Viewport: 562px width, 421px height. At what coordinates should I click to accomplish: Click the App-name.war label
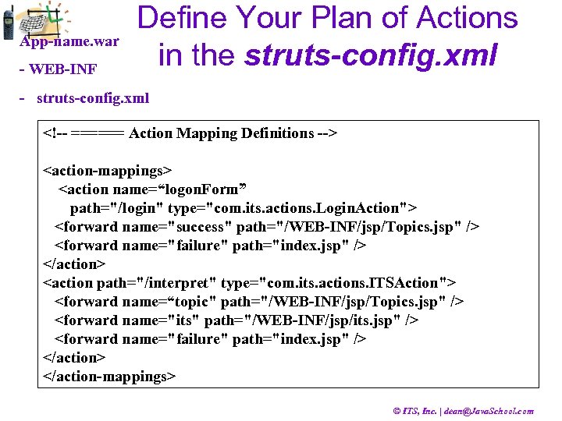(69, 41)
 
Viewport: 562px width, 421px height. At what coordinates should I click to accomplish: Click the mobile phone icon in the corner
(8, 23)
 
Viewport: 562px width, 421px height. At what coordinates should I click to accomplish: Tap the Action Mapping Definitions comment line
(190, 133)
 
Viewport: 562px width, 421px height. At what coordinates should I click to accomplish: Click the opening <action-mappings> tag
(106, 170)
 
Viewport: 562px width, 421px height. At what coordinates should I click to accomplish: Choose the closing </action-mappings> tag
(108, 377)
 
